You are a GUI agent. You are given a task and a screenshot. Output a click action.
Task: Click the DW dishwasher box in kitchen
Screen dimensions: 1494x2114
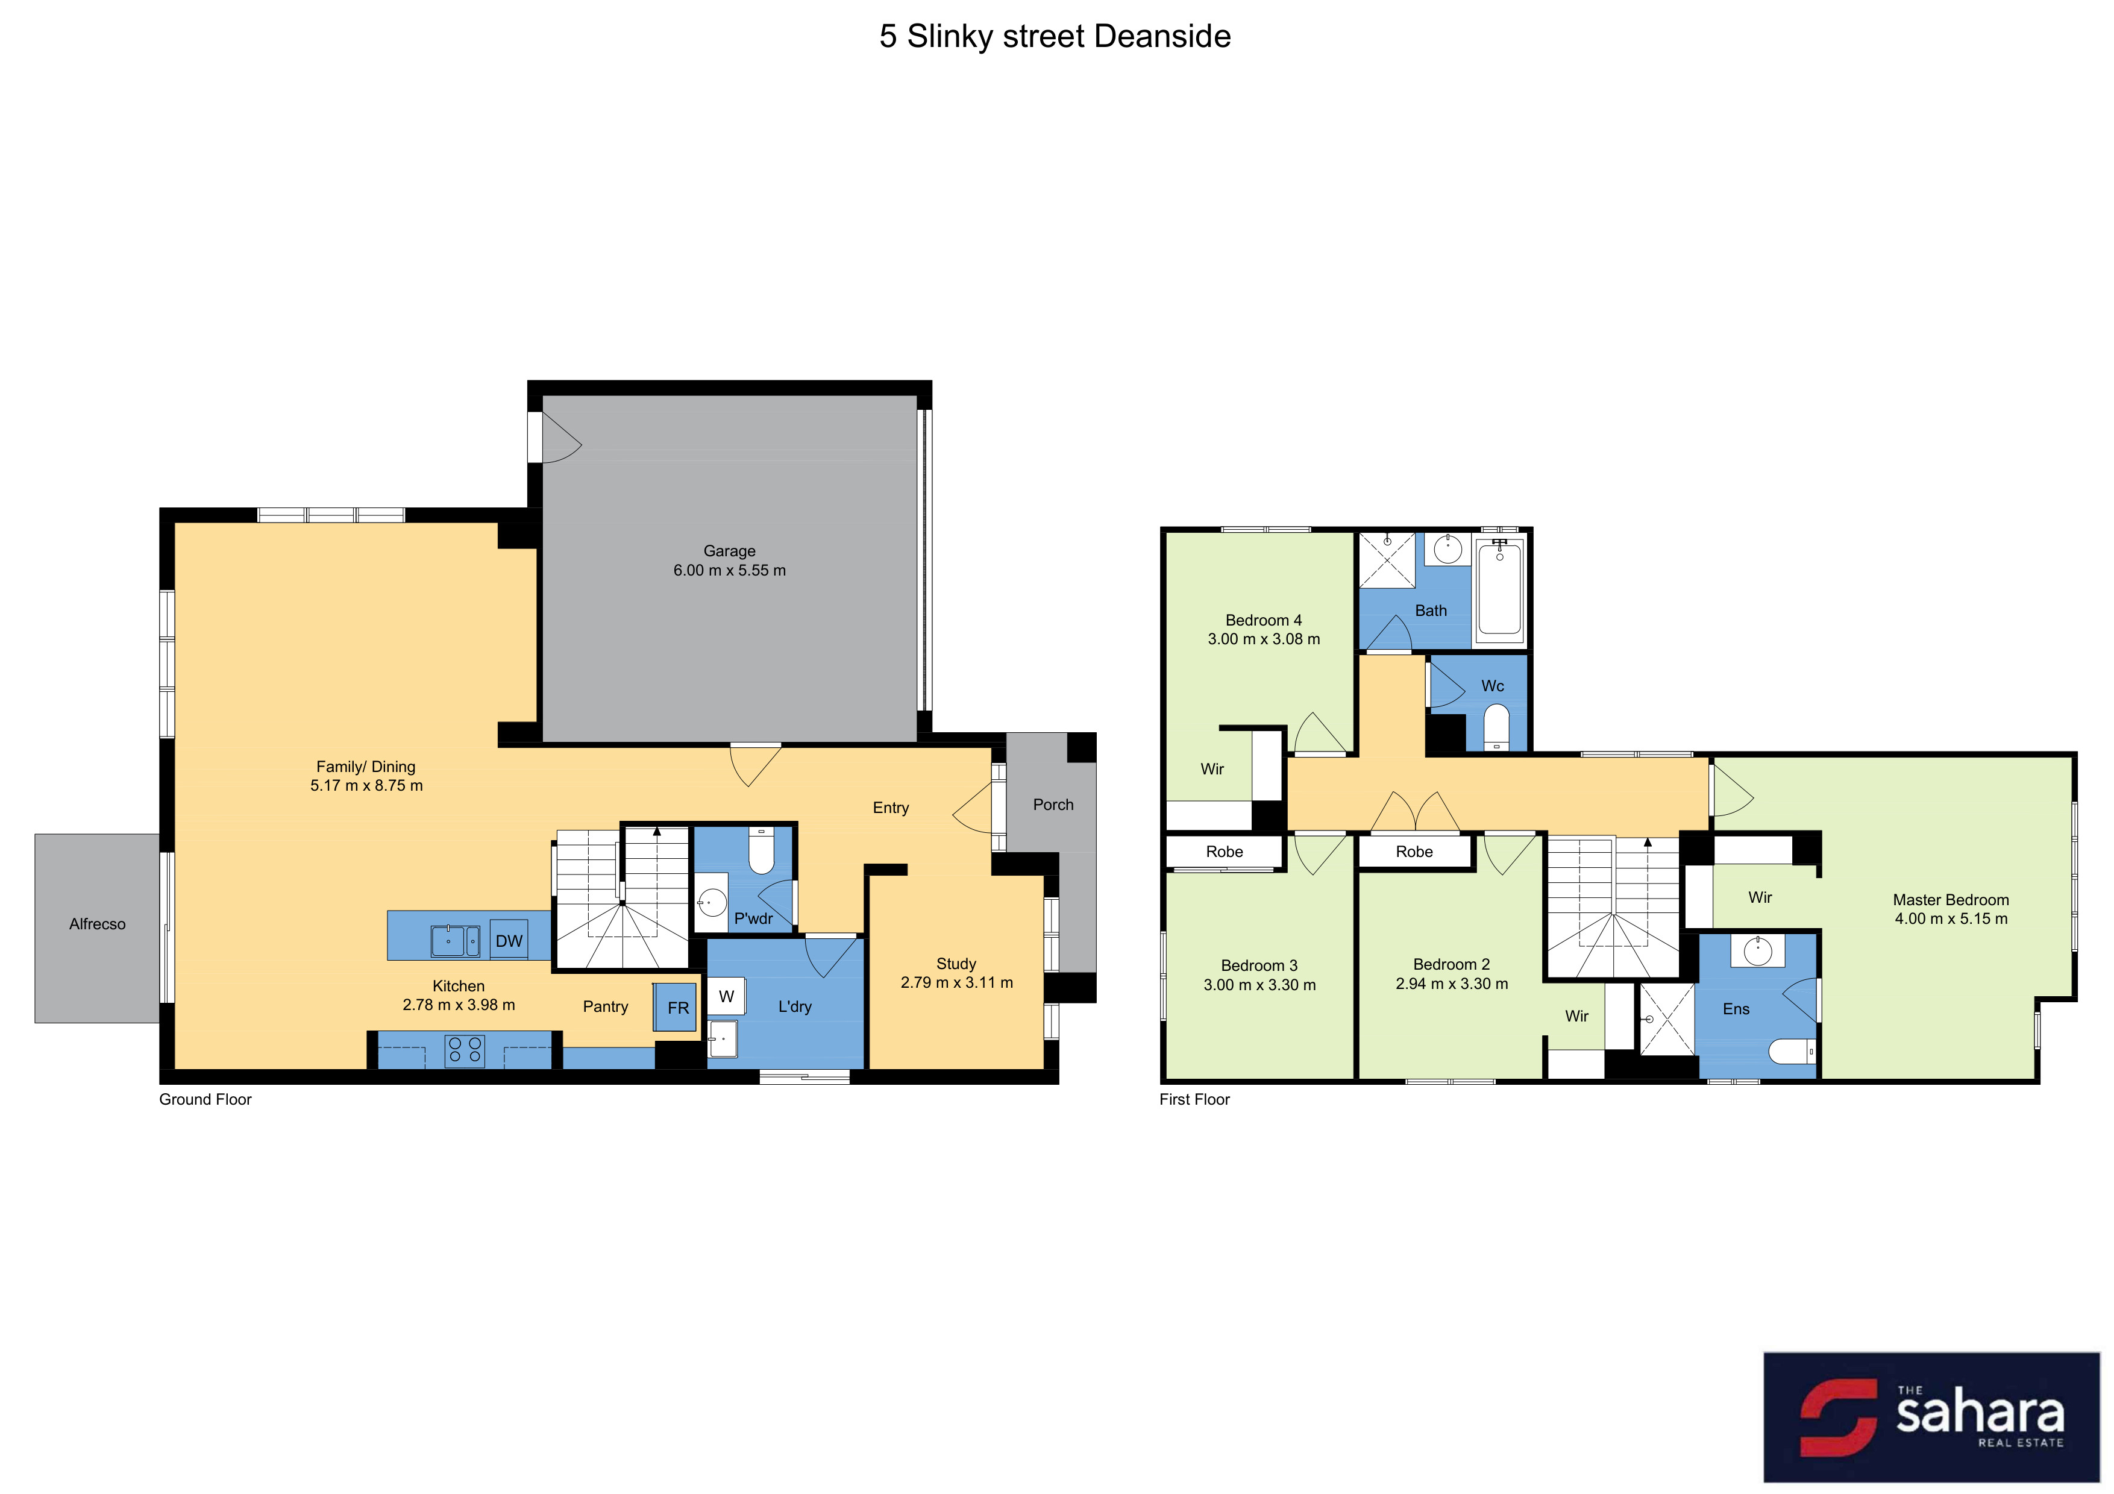[x=508, y=940]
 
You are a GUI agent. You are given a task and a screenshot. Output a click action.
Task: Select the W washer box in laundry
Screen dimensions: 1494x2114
[x=726, y=996]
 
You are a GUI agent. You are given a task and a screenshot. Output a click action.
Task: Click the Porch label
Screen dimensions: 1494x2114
[x=1052, y=805]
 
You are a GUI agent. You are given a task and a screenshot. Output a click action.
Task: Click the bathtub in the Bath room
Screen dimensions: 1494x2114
[x=1499, y=590]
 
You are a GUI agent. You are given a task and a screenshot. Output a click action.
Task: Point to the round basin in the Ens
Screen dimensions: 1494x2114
[x=1758, y=951]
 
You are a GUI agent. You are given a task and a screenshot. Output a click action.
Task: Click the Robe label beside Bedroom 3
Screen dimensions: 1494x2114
[x=1224, y=852]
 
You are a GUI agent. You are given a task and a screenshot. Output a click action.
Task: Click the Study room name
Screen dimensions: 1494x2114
[x=956, y=963]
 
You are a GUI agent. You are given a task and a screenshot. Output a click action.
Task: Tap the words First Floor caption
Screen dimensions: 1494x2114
[x=1194, y=1099]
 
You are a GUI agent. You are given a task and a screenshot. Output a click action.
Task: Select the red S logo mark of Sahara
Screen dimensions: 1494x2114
[x=1838, y=1417]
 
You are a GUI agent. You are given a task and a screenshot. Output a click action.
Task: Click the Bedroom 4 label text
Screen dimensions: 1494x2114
[x=1263, y=620]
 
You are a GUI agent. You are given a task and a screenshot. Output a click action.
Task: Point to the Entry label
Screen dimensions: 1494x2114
[x=890, y=808]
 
